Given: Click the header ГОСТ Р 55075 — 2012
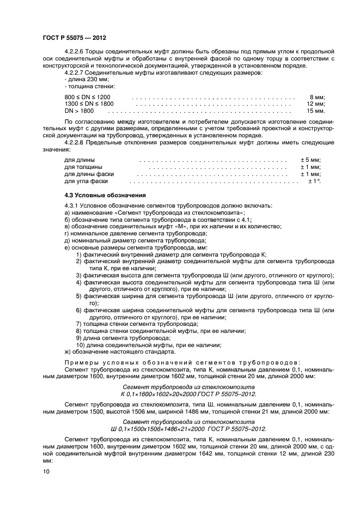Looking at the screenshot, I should tap(74, 38).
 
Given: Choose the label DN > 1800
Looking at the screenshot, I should tap(79, 111).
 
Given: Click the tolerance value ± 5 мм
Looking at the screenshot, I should tap(310, 160).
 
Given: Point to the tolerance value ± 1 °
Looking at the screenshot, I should tap(314, 181).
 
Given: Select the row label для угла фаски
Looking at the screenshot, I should tap(86, 181).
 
